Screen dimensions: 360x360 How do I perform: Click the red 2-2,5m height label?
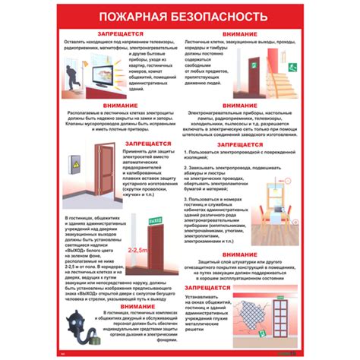click(x=137, y=250)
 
